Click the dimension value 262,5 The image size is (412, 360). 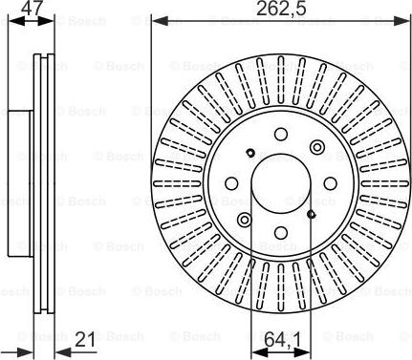point(278,11)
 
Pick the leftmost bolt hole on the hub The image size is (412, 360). point(229,183)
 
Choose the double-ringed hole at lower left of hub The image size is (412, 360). point(244,220)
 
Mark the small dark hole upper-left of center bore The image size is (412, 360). point(249,153)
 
